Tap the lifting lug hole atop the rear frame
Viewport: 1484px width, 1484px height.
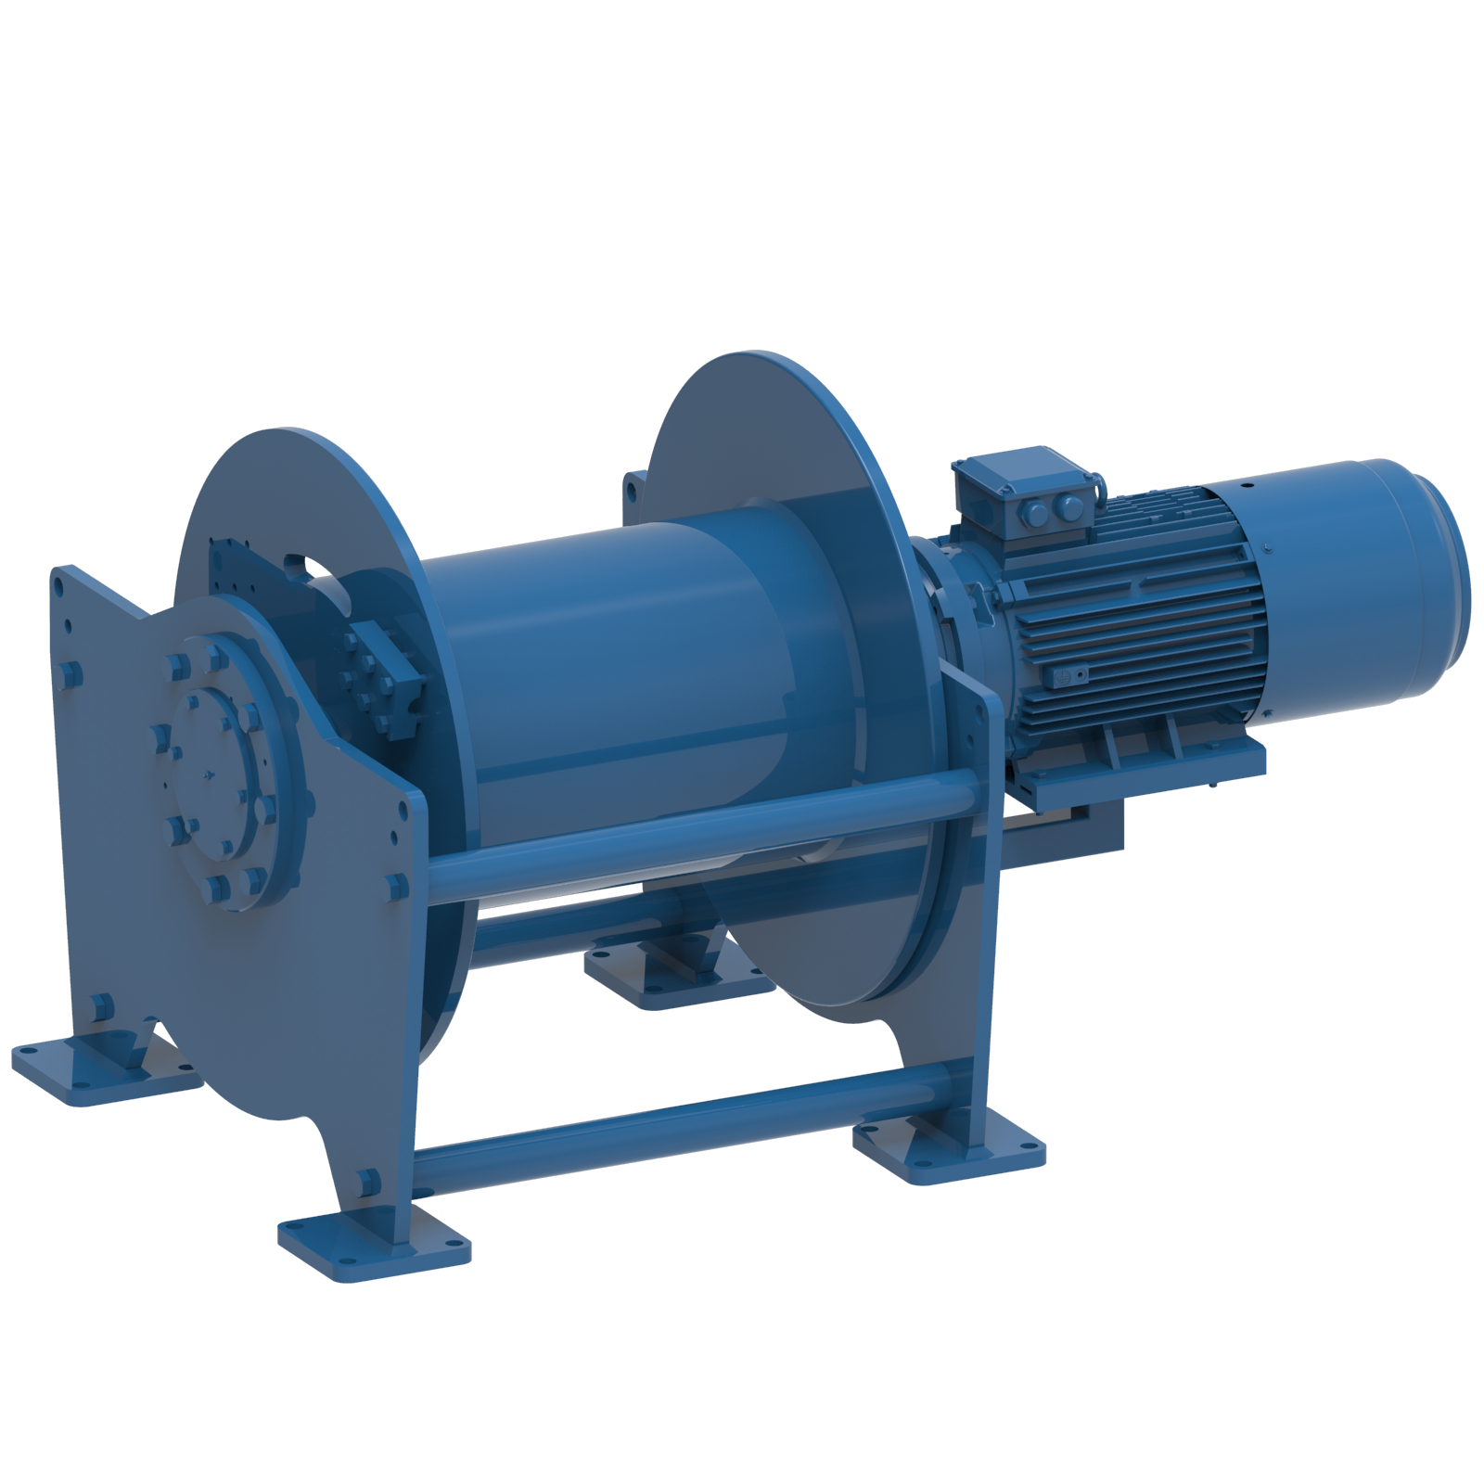click(x=633, y=485)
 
